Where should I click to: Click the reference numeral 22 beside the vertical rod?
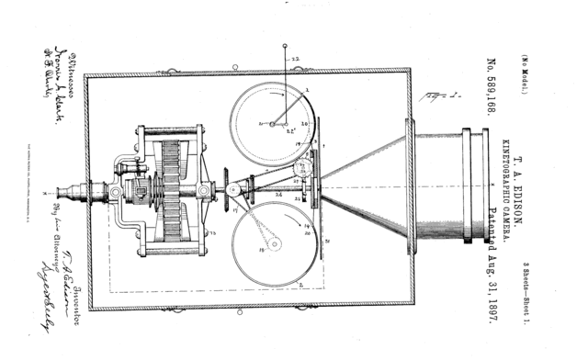(x=296, y=61)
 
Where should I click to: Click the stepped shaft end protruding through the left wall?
(x=73, y=193)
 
